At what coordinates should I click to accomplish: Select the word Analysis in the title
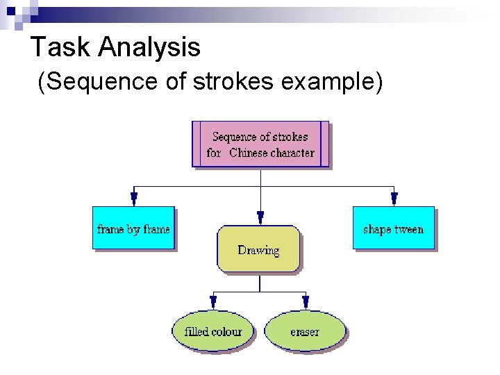point(149,47)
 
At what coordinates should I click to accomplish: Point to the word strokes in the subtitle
point(235,82)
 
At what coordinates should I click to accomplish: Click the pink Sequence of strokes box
point(260,144)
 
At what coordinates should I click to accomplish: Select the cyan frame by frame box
point(133,228)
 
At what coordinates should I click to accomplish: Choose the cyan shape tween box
point(393,228)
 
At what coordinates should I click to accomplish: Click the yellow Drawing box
point(258,249)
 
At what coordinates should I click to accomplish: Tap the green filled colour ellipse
point(213,331)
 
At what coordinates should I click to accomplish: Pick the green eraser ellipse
point(305,331)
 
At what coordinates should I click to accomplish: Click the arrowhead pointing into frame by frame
point(134,199)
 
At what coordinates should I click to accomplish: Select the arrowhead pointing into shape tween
point(394,199)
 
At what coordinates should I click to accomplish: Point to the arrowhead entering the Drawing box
point(260,217)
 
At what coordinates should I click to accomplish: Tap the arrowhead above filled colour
point(213,302)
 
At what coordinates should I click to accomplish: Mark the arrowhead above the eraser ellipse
point(306,302)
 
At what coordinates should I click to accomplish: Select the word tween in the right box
point(408,229)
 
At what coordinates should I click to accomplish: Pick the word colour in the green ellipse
point(226,331)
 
